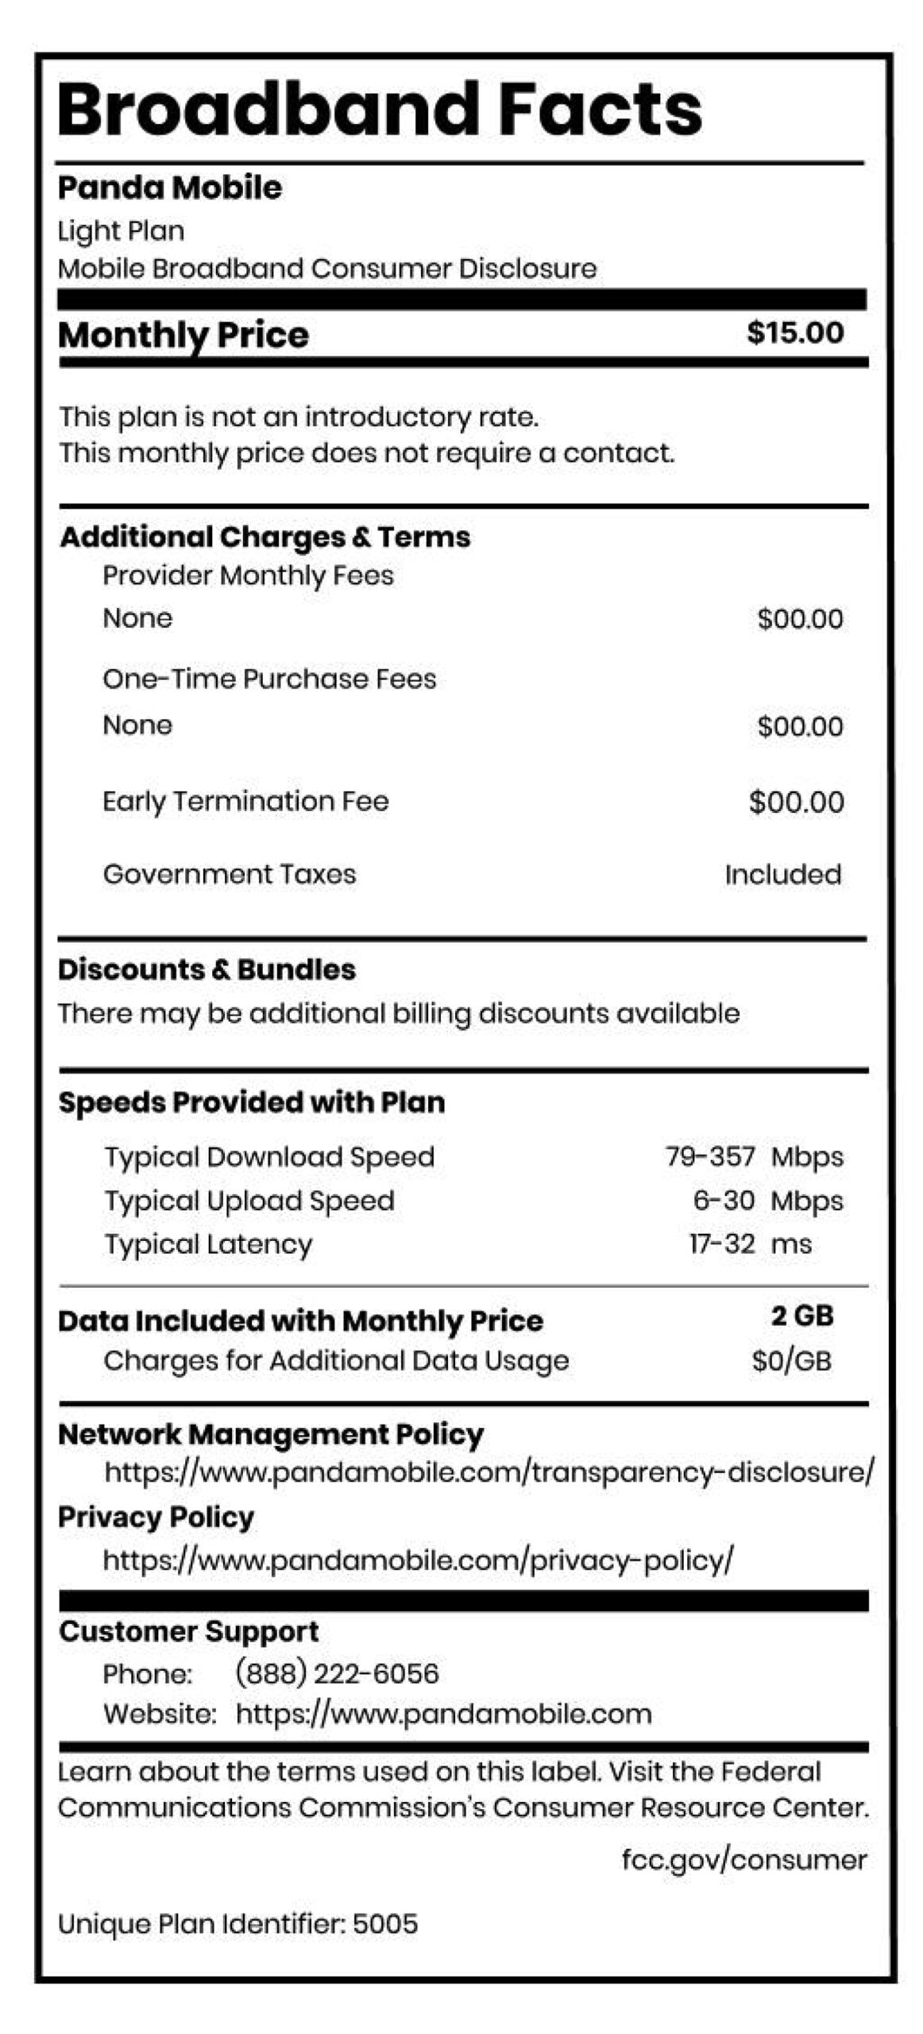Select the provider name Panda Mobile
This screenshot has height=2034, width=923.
pos(170,188)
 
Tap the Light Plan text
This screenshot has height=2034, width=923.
pos(121,231)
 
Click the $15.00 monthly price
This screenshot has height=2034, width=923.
pos(794,333)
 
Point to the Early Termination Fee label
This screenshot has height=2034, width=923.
pos(245,801)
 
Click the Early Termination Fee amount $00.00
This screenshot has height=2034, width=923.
pos(796,802)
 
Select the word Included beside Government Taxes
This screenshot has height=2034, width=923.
pos(782,875)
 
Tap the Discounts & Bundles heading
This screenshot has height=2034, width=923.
pos(207,969)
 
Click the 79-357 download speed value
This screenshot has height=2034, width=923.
pos(709,1156)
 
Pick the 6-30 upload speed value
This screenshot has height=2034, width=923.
pos(723,1200)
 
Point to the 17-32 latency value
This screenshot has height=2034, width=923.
pos(721,1243)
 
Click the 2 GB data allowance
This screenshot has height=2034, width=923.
pos(801,1317)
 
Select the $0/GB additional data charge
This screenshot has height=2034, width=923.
pos(791,1361)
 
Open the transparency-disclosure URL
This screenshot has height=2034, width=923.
pos(489,1472)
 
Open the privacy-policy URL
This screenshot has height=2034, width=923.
pos(418,1560)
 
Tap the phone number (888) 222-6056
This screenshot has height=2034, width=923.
pos(337,1674)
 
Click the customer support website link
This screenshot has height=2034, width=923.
pos(443,1714)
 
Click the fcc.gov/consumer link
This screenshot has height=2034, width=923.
pos(743,1860)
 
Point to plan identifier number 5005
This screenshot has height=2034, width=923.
pos(385,1924)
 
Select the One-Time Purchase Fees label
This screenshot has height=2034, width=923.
pos(269,679)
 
